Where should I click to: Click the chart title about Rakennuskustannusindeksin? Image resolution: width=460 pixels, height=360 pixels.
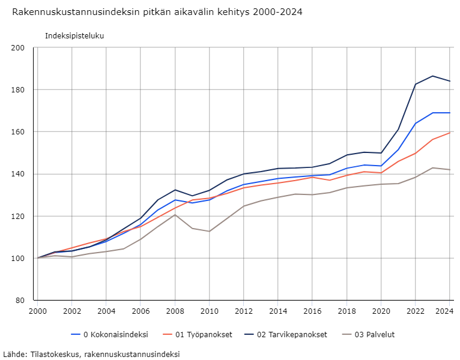[157, 12]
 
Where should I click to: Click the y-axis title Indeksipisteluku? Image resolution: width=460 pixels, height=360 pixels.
[74, 36]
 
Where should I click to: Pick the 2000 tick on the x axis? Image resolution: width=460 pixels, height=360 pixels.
[37, 311]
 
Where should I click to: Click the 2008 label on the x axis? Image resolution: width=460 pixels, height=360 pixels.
[175, 311]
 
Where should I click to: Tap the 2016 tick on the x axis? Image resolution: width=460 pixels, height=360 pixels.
[312, 311]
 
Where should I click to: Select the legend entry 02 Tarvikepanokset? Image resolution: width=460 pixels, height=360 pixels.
[291, 335]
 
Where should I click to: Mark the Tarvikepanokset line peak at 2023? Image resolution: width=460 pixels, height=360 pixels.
[432, 76]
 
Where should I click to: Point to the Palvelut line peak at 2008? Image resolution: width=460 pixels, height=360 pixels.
[175, 215]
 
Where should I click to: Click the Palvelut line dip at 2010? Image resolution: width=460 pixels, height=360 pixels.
[209, 231]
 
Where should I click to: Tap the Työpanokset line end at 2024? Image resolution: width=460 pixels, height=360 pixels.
[450, 133]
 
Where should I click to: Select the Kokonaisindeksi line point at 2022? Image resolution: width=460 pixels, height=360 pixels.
[416, 123]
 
